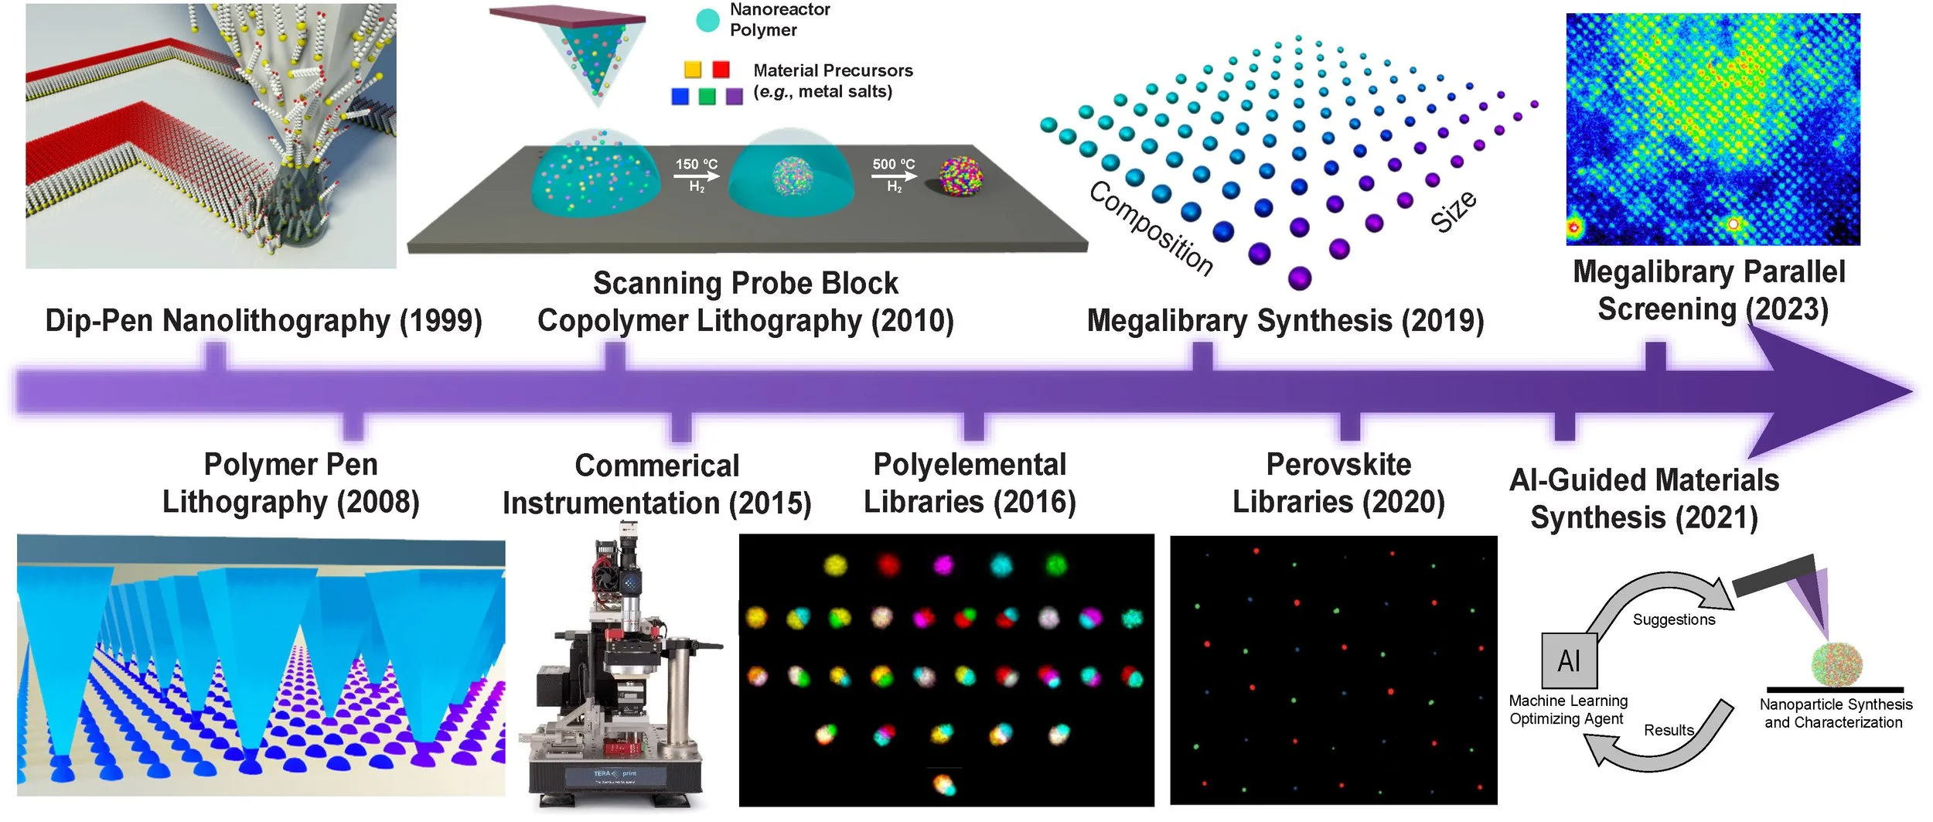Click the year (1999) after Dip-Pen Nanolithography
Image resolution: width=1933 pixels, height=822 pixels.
tap(441, 321)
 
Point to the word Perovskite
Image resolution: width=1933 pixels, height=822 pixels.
tap(1338, 465)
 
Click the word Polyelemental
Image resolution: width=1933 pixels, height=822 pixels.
tap(970, 465)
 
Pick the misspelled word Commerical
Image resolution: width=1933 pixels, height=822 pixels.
tap(657, 466)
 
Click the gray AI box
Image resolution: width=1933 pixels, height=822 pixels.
tap(1569, 660)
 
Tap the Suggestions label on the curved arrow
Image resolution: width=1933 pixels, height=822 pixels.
tap(1673, 620)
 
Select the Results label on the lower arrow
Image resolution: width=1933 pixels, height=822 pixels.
tap(1669, 731)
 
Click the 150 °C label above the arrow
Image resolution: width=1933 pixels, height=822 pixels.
tap(696, 165)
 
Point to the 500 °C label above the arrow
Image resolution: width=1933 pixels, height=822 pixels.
tap(893, 165)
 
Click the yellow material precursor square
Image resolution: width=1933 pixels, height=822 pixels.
tap(693, 70)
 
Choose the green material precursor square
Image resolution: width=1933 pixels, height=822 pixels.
tap(707, 96)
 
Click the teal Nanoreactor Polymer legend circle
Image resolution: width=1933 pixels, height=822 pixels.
tap(707, 21)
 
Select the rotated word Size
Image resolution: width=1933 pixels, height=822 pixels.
tap(1454, 211)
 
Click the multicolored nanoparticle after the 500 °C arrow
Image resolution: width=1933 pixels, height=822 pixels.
tap(960, 176)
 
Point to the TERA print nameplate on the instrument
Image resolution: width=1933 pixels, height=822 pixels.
tap(615, 774)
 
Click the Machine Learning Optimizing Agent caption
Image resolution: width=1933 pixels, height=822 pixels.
tap(1567, 710)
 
